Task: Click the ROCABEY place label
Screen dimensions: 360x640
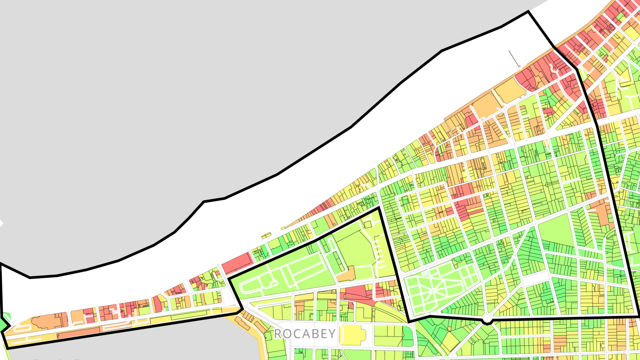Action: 304,334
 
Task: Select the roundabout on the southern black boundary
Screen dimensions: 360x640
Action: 488,319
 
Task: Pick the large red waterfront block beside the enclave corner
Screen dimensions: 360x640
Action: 236,264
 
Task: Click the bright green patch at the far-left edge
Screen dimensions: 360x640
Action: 4,324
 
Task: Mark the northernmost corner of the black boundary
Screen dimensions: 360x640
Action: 528,12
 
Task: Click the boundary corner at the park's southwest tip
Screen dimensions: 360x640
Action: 409,321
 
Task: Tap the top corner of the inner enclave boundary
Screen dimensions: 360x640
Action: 378,208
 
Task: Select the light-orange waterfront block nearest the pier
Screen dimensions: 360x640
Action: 509,91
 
